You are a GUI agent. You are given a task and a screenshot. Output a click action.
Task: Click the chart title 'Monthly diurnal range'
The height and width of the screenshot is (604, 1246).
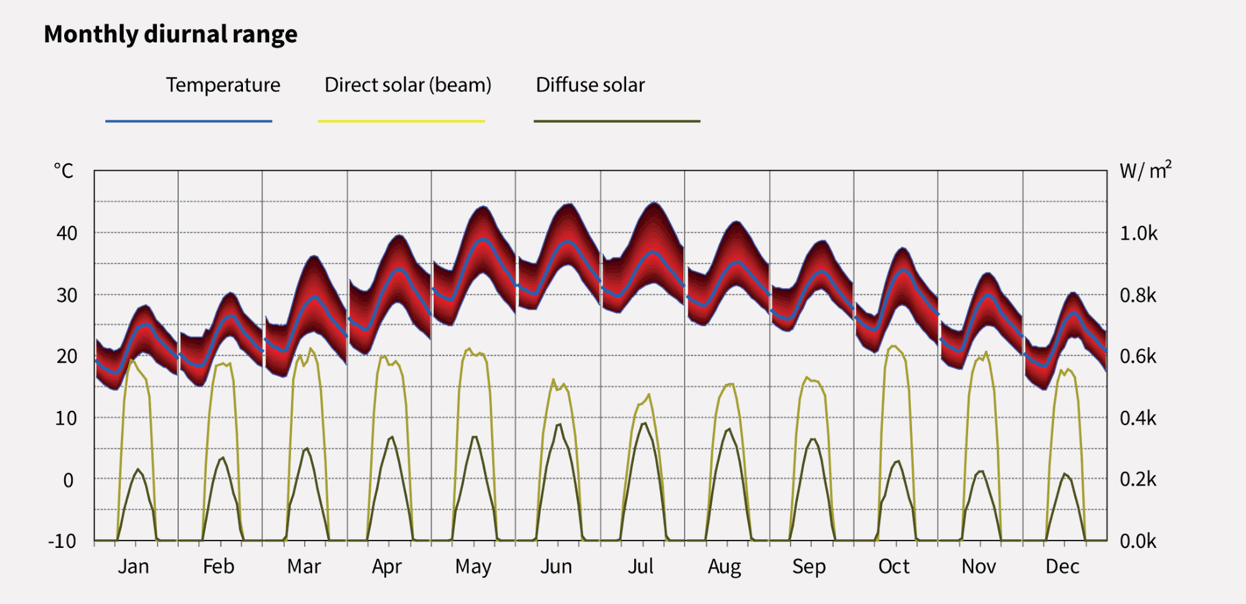point(170,34)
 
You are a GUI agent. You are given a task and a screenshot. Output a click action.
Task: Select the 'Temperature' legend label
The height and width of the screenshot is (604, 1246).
point(223,85)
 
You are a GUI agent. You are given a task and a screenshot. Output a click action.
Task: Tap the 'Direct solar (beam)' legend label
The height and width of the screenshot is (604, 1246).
point(407,85)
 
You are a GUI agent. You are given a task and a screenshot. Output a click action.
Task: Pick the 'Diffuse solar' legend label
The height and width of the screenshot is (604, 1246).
point(590,85)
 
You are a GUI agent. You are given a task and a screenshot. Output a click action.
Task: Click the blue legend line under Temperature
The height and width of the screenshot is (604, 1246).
point(189,121)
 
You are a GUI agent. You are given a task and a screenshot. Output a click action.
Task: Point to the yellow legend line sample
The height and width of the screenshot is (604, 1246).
point(401,121)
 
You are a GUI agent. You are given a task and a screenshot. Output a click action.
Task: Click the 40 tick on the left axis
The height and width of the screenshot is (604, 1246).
point(67,233)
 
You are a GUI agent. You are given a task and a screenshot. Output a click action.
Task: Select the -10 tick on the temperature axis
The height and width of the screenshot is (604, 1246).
point(62,541)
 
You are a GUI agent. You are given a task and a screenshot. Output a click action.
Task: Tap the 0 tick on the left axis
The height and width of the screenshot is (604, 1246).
point(68,480)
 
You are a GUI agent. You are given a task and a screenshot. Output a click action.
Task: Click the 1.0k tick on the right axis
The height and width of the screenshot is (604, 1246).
point(1138,233)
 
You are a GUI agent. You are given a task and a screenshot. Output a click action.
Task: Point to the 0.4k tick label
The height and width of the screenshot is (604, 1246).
point(1138,418)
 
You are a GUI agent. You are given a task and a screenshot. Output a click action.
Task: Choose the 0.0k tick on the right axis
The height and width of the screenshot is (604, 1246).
point(1138,541)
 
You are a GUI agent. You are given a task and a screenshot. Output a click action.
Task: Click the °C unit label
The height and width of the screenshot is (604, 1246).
point(64,171)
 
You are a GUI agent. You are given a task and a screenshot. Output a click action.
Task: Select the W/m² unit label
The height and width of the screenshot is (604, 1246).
point(1145,171)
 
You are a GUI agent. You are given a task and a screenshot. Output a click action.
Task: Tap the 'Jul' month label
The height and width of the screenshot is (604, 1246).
point(640,567)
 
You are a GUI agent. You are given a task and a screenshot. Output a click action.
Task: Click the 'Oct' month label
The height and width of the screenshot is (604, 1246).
point(893,567)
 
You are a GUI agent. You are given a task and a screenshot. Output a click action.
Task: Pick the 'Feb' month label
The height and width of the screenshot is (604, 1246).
point(219,567)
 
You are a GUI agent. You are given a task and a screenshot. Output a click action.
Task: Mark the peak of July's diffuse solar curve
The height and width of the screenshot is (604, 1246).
point(644,423)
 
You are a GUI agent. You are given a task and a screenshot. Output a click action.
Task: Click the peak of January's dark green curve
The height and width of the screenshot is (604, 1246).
point(138,469)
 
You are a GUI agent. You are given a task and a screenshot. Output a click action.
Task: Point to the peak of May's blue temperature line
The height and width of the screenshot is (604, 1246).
point(483,239)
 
